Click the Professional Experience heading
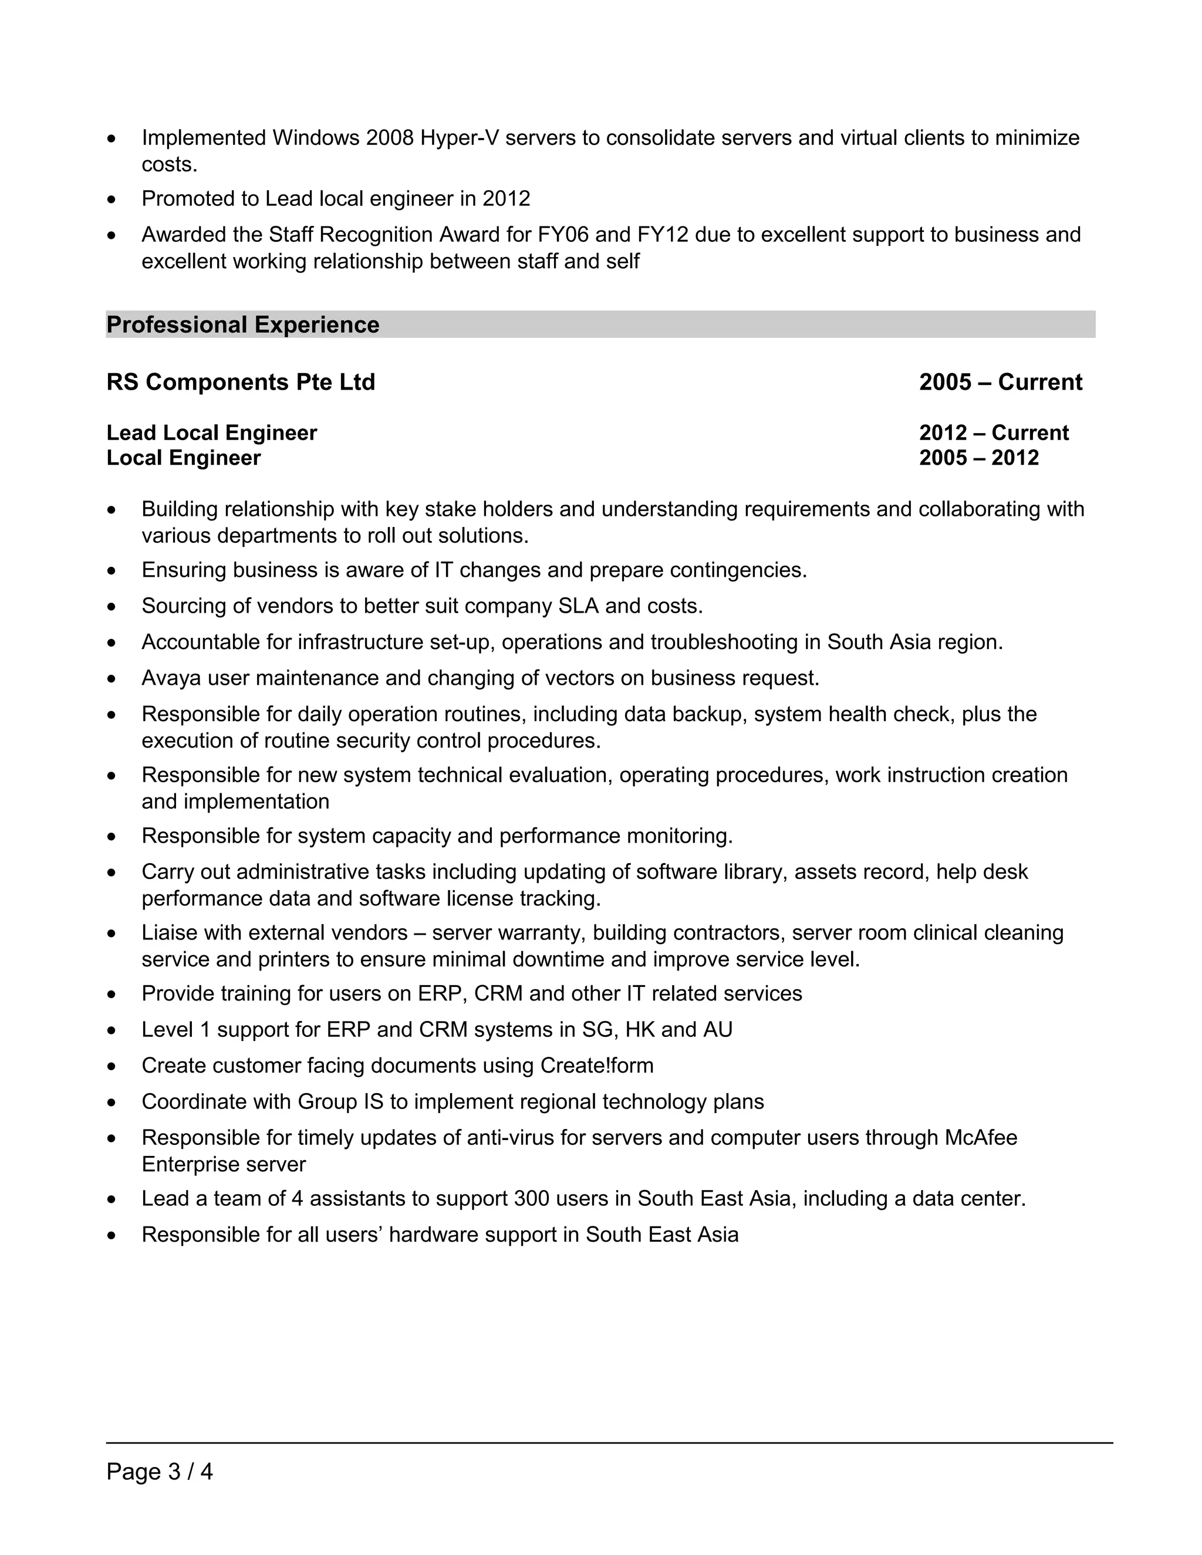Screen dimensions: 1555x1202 (243, 324)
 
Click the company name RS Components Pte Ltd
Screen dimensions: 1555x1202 (241, 383)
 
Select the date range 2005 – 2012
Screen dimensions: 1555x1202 (978, 458)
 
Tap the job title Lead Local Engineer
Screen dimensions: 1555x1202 (211, 433)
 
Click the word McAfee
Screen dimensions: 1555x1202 (981, 1138)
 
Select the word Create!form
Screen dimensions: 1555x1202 (597, 1065)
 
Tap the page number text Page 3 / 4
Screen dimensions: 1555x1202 (160, 1471)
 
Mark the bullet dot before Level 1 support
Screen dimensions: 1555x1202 (111, 1031)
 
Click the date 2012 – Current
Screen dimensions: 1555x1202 (994, 433)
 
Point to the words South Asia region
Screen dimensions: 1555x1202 (914, 642)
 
